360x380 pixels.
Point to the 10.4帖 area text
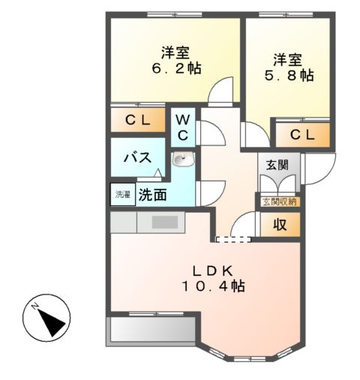[x=213, y=286]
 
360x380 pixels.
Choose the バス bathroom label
[x=138, y=158]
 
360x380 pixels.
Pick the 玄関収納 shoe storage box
[x=280, y=201]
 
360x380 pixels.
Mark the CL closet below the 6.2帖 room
[x=139, y=120]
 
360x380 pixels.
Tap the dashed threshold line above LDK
[x=230, y=240]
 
